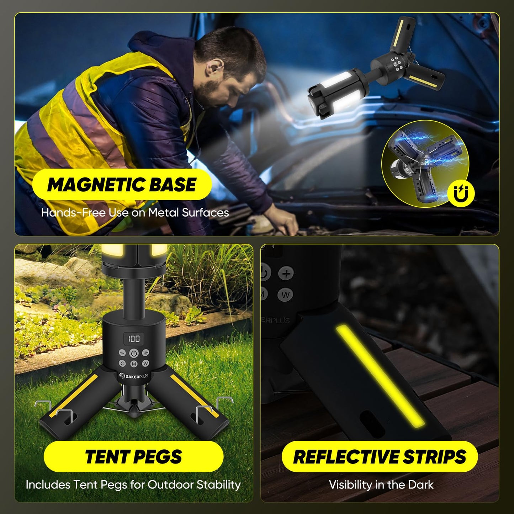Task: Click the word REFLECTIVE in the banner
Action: tap(341, 457)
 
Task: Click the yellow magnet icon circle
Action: tap(461, 194)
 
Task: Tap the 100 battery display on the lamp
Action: tap(134, 338)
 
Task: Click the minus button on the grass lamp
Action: tap(122, 353)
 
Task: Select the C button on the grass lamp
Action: tap(122, 364)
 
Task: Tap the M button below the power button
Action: tap(134, 364)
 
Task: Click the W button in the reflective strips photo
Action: tap(285, 295)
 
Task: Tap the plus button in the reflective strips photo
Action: tap(286, 274)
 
